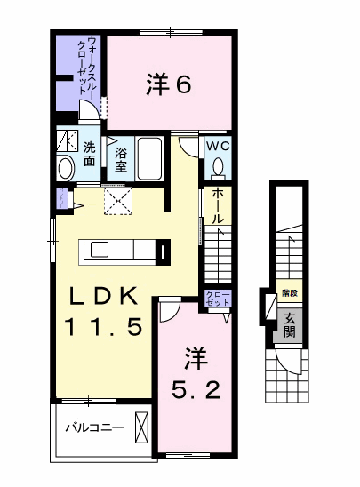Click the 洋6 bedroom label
pos(168,84)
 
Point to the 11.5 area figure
pos(103,327)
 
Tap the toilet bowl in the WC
pos(218,167)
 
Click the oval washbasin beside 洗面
pos(66,168)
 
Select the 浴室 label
pos(121,158)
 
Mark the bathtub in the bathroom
pos(149,159)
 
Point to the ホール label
pos(218,206)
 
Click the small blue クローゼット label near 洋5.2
pos(217,299)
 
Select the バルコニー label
pos(93,428)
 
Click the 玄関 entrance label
pos(289,324)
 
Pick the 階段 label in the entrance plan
pos(288,291)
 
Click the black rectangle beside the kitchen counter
pos(164,252)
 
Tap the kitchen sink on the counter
pos(98,250)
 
